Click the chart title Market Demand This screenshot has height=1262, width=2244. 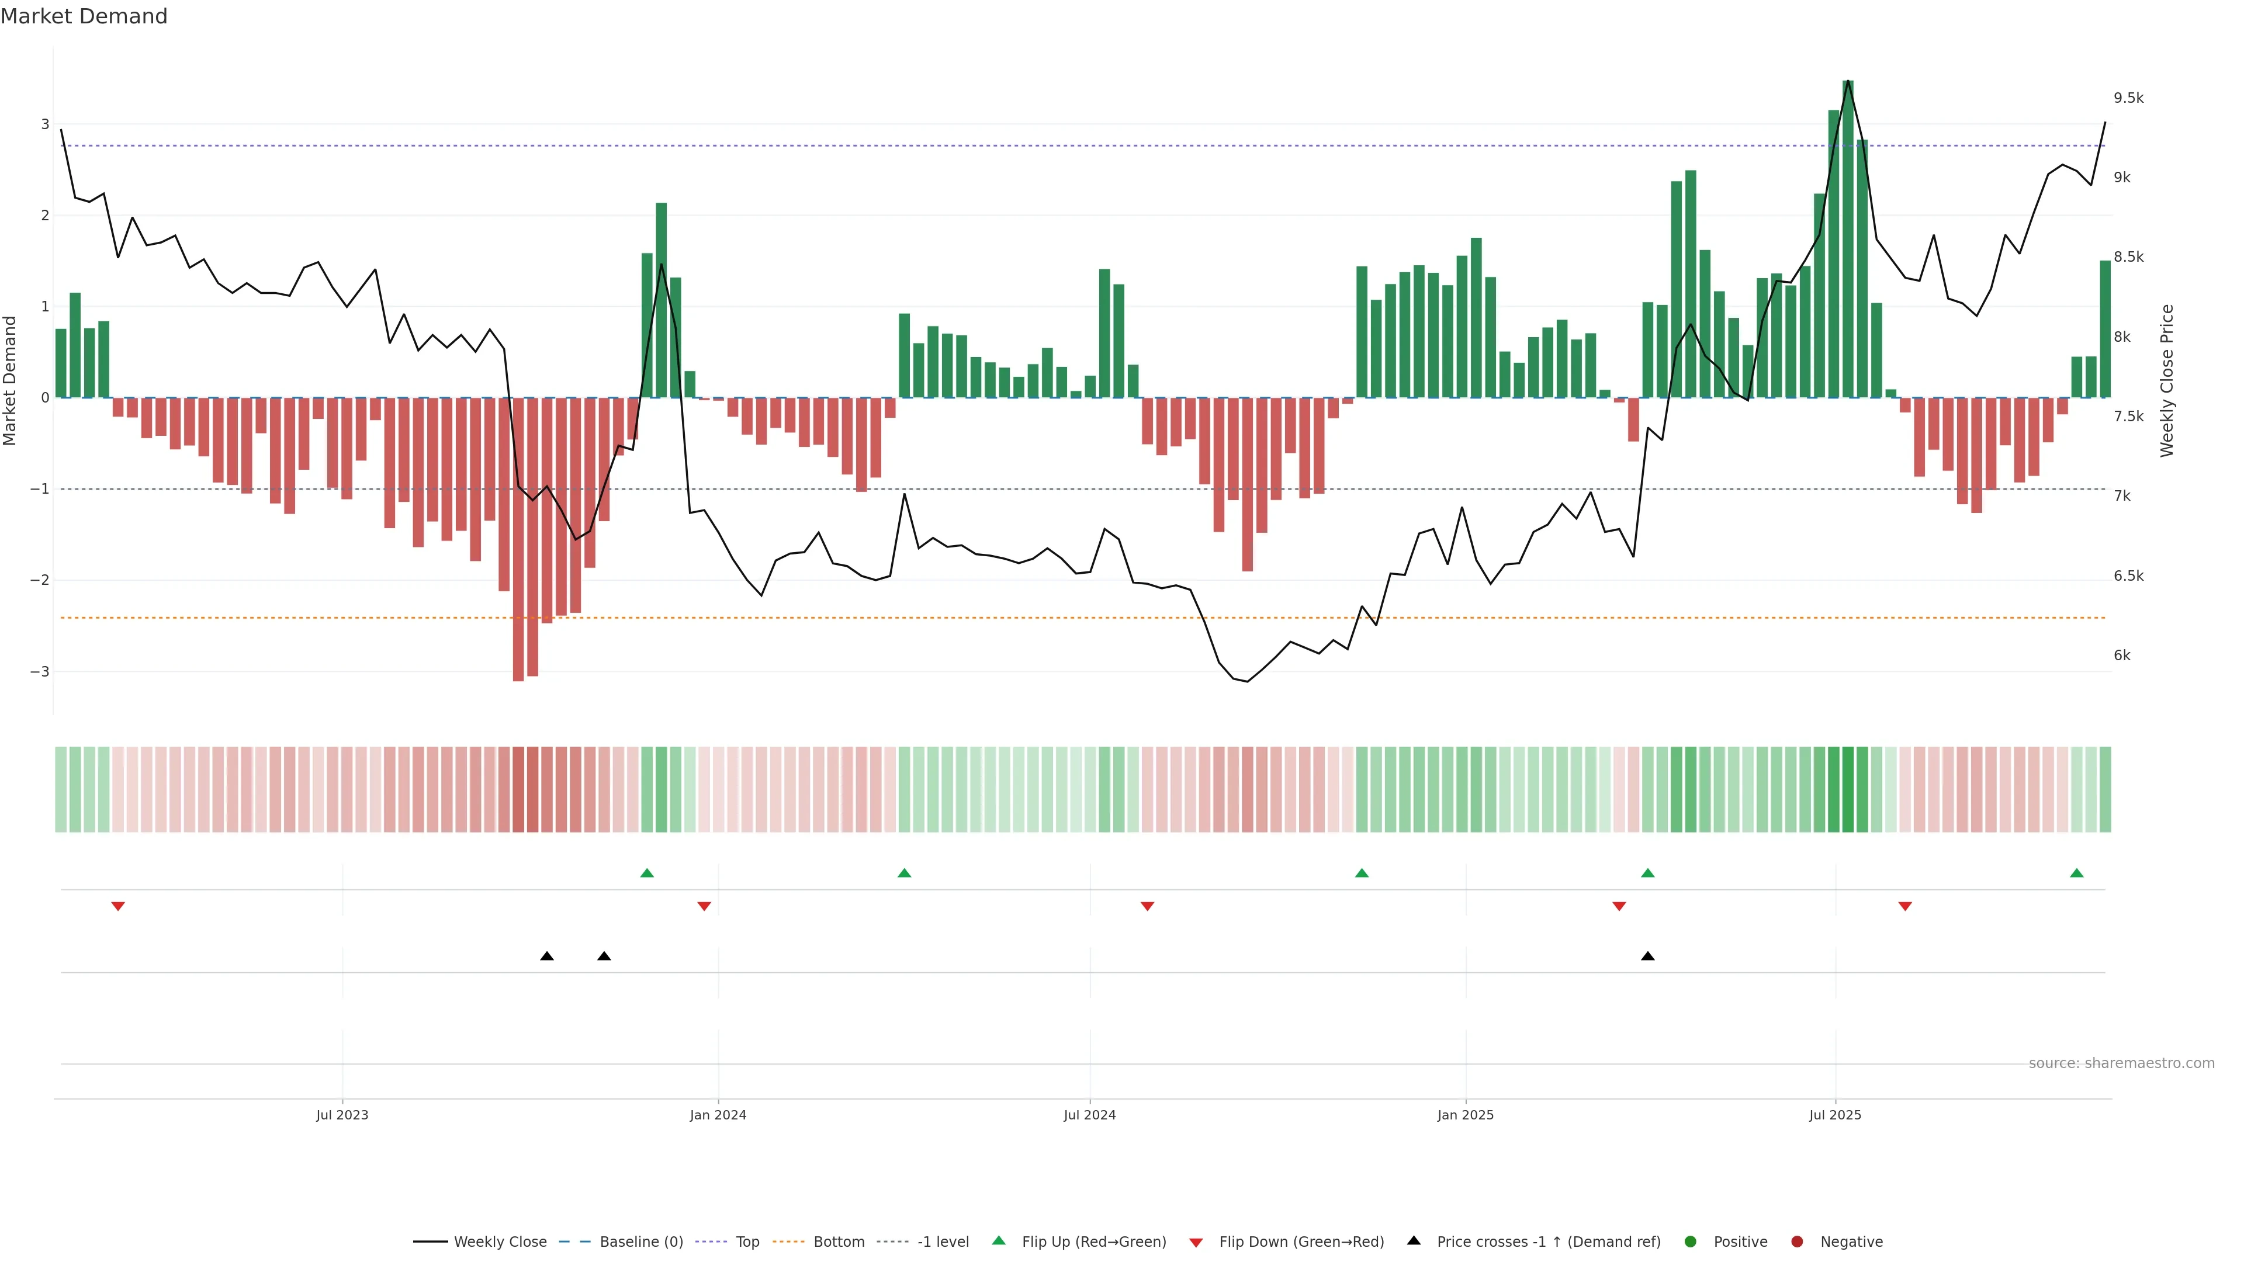click(x=84, y=16)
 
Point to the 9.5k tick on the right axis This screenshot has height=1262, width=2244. click(x=2128, y=98)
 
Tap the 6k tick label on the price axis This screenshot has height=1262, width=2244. click(x=2122, y=656)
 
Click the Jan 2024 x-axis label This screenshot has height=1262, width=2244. click(x=718, y=1115)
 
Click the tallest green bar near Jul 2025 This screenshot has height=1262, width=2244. click(x=1848, y=240)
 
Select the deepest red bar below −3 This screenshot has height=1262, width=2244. click(x=518, y=540)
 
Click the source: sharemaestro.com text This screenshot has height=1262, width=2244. click(x=2121, y=1063)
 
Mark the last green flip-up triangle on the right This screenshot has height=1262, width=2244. click(x=2077, y=873)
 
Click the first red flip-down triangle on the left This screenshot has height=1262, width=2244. click(x=119, y=907)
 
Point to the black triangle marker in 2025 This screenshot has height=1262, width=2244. click(x=1647, y=956)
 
